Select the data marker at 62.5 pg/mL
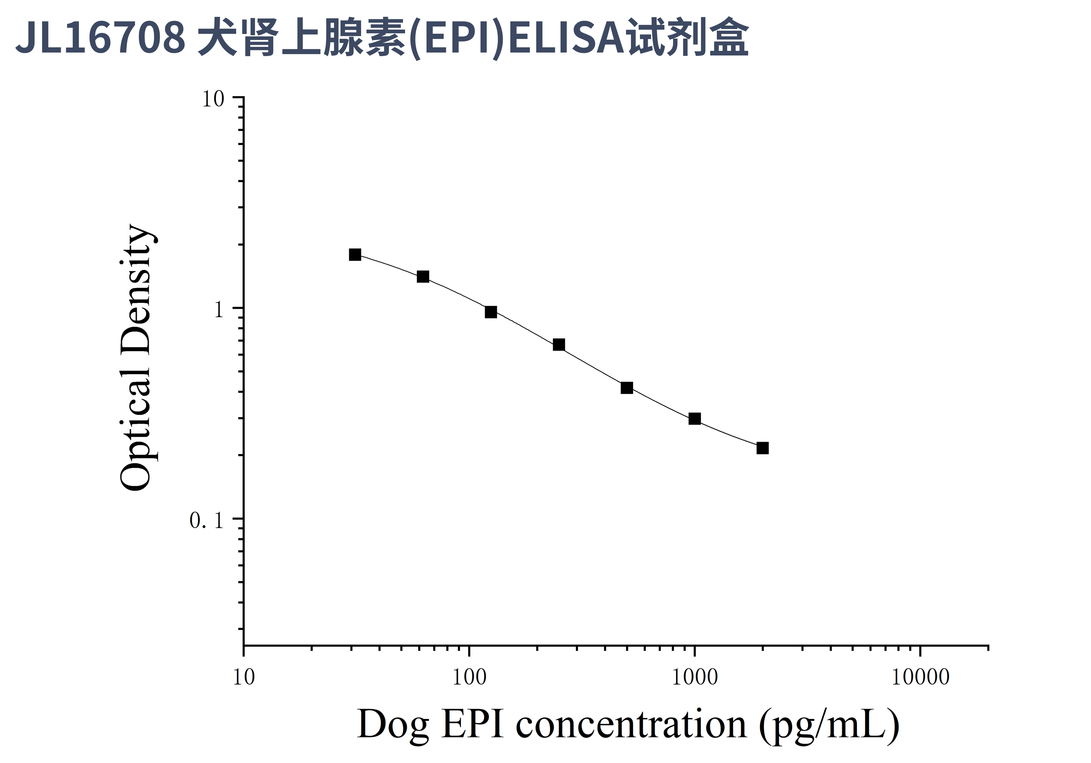pyautogui.click(x=423, y=277)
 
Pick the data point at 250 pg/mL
pyautogui.click(x=559, y=345)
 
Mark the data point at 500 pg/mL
pyautogui.click(x=627, y=388)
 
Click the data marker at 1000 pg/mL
pyautogui.click(x=695, y=419)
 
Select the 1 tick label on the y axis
pyautogui.click(x=218, y=311)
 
